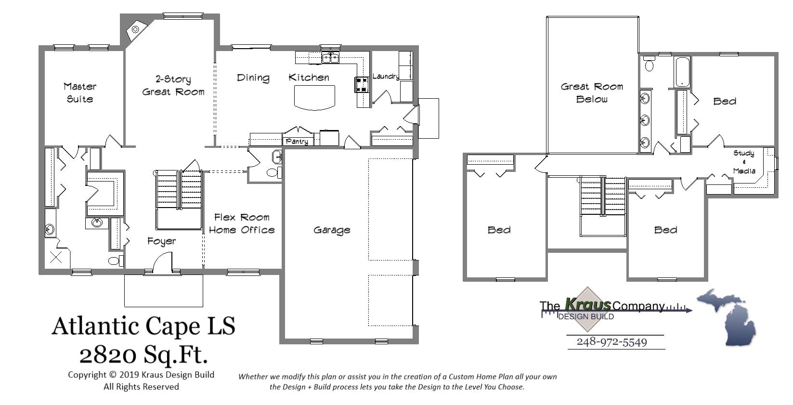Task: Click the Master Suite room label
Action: [80, 92]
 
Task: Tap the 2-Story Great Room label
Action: [173, 85]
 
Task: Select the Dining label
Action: [253, 78]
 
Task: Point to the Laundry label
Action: [386, 76]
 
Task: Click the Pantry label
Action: [297, 141]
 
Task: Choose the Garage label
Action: [332, 230]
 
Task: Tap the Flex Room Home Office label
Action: [242, 223]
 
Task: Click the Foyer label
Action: [161, 241]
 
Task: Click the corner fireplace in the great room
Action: [136, 29]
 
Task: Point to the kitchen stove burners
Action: [362, 84]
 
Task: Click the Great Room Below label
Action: [592, 92]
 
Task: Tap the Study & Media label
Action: [744, 162]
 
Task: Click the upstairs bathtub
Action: [682, 72]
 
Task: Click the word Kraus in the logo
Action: [587, 304]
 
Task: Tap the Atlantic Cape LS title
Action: [143, 326]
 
